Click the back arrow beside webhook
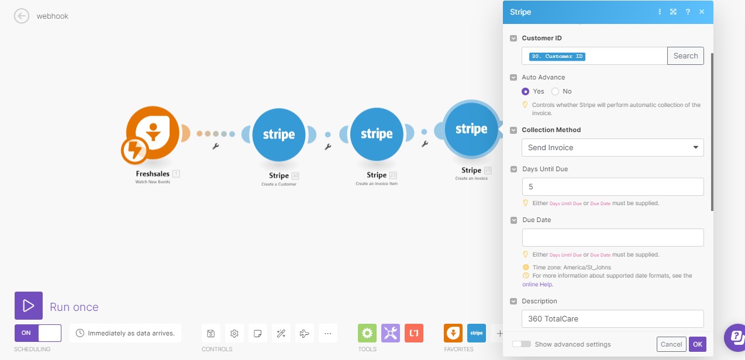(22, 16)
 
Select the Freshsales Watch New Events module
(153, 134)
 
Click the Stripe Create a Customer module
(279, 134)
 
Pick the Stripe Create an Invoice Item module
(377, 134)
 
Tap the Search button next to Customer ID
(685, 56)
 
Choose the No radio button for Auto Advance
(556, 91)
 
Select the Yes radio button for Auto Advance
(526, 91)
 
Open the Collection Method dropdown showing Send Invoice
(612, 147)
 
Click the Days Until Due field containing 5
(612, 187)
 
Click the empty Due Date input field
(612, 237)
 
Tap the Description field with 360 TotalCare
(612, 319)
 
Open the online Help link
(537, 285)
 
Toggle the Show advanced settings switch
(522, 344)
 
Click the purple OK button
(697, 344)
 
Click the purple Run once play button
(29, 306)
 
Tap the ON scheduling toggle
(38, 333)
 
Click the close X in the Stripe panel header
(702, 12)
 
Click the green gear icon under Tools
(367, 333)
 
